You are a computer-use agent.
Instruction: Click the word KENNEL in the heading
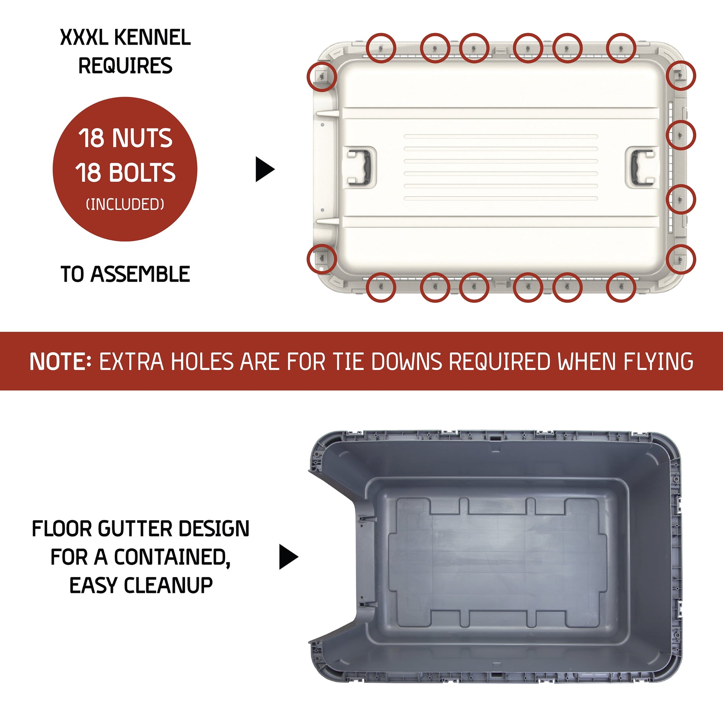click(x=152, y=38)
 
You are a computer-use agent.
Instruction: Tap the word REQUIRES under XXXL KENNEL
click(x=125, y=66)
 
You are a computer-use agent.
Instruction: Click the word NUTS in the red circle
click(x=142, y=138)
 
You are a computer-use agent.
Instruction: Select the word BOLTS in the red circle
click(x=142, y=172)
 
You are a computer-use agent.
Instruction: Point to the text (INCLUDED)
click(x=125, y=204)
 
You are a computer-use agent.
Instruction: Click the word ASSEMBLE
click(x=140, y=274)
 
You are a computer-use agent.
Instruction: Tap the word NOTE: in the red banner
click(x=61, y=361)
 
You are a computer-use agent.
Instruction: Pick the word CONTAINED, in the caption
click(x=172, y=558)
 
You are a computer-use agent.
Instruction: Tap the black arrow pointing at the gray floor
click(x=289, y=557)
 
